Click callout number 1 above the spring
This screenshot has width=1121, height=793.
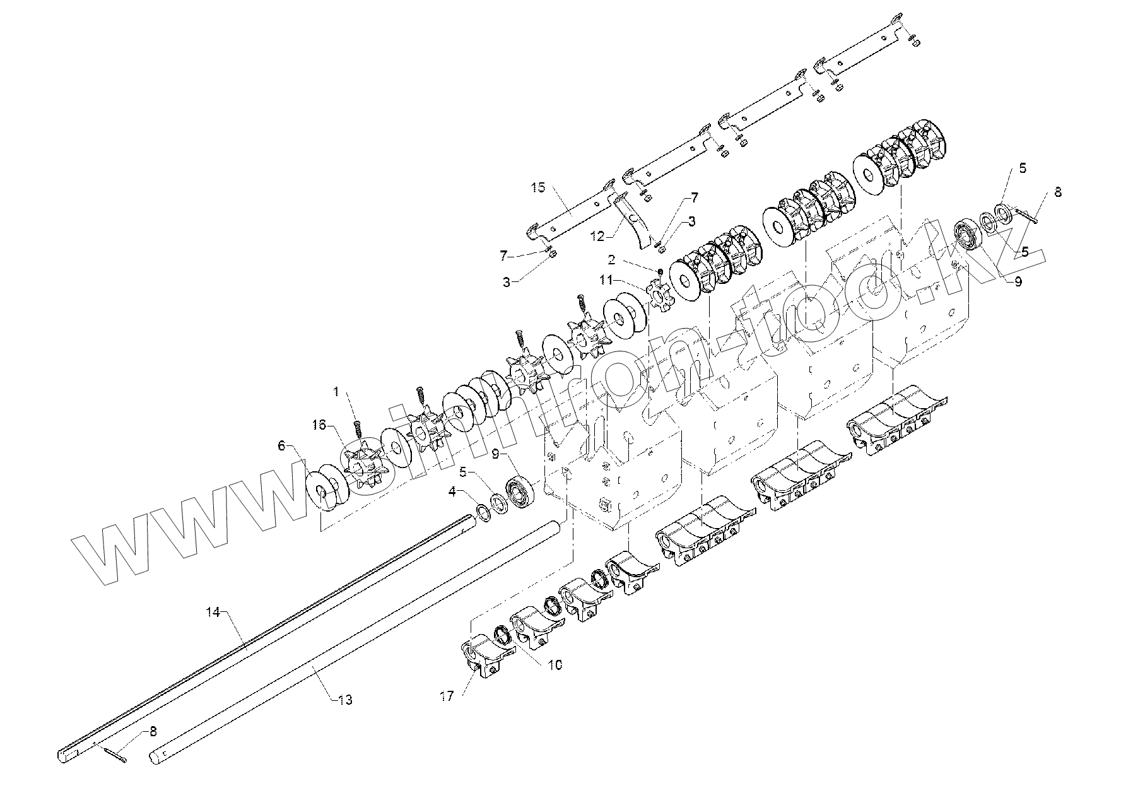[x=336, y=392]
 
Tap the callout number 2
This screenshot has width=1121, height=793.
[x=612, y=260]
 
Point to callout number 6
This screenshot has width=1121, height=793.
[x=281, y=445]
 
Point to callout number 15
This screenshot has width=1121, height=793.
[x=537, y=188]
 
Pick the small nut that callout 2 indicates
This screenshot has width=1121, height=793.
[x=659, y=271]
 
